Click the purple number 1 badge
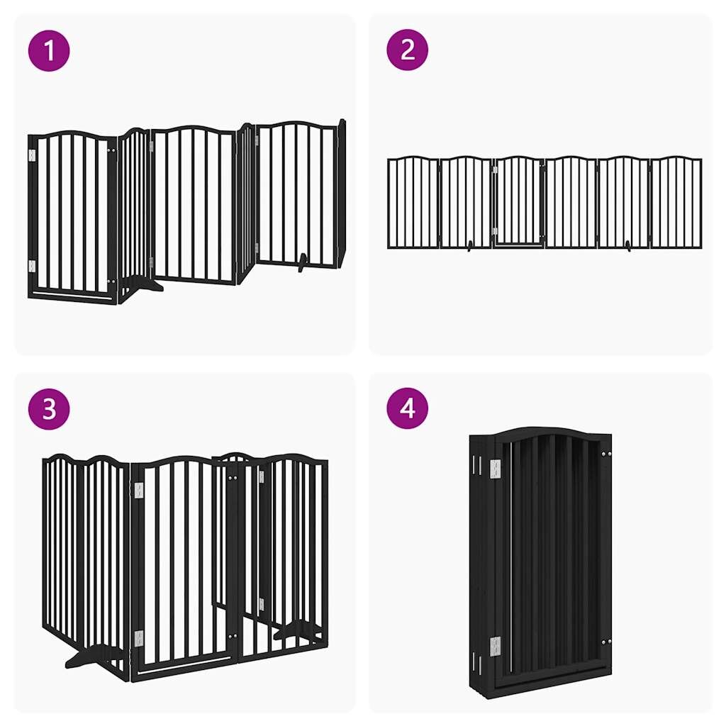click(49, 50)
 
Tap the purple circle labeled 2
click(408, 50)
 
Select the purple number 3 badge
click(49, 409)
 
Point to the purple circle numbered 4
click(408, 408)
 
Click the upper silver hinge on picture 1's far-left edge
click(32, 155)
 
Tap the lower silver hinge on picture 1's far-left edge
click(32, 267)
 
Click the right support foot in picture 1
click(303, 262)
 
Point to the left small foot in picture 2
click(469, 246)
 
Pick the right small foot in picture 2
click(628, 246)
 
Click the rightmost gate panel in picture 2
click(676, 202)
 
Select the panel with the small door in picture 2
click(518, 202)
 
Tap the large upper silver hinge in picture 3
click(139, 491)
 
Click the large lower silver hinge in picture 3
click(139, 639)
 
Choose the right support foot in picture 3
click(296, 630)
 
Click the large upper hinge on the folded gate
click(496, 469)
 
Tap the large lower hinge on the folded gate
click(496, 647)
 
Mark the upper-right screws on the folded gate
click(607, 454)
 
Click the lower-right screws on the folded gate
click(607, 642)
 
